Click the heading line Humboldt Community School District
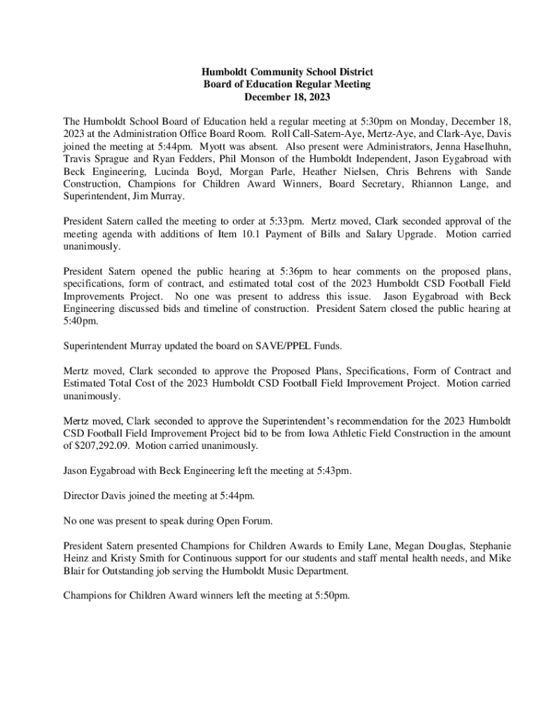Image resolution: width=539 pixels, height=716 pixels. pos(287,72)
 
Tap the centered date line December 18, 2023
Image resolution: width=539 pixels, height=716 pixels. pos(287,96)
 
